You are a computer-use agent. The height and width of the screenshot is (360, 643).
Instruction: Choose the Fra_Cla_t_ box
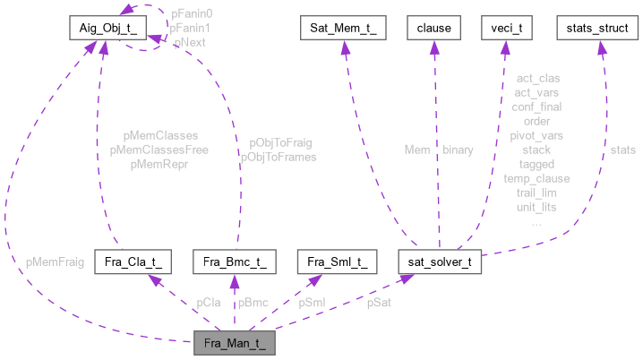coord(133,263)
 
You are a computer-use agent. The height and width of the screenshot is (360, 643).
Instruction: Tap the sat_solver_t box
coord(440,263)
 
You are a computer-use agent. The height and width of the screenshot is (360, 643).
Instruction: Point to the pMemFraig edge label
coord(56,262)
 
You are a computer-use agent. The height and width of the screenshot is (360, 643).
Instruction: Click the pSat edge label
coord(379,303)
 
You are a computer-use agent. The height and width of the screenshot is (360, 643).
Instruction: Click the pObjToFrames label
coord(278,157)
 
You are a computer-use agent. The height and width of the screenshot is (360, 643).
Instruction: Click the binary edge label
coord(459,150)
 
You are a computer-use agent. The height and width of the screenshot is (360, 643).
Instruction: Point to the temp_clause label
coord(536,178)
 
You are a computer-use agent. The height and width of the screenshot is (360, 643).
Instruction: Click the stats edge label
coord(623,150)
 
